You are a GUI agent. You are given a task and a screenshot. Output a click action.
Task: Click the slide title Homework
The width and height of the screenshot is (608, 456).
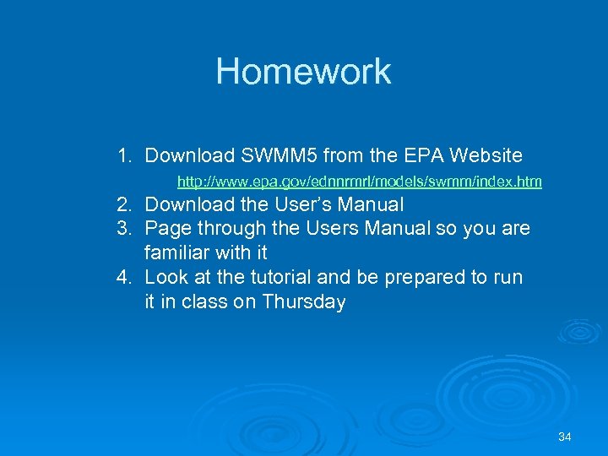[x=303, y=72]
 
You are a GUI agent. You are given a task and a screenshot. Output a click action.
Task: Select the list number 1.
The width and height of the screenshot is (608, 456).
[x=125, y=155]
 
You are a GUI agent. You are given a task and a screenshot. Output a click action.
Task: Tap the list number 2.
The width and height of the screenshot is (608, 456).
[x=125, y=204]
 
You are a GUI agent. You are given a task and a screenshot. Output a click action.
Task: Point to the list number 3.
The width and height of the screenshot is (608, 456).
[x=125, y=228]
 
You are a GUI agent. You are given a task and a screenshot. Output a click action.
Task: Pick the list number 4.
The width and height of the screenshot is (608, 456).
[x=125, y=277]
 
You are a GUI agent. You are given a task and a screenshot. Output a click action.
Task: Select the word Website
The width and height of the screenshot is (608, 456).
[x=486, y=155]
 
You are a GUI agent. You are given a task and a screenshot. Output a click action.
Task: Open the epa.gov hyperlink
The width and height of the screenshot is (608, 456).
[x=359, y=182]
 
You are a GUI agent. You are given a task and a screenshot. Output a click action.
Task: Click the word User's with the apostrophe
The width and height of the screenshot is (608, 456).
[x=312, y=204]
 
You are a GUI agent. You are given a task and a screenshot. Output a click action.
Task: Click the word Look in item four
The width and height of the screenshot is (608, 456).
[x=166, y=277]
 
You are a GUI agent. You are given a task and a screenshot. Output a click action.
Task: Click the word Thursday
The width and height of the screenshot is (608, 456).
[x=304, y=301]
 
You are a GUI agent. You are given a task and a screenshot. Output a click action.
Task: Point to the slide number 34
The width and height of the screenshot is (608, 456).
[x=565, y=437]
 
